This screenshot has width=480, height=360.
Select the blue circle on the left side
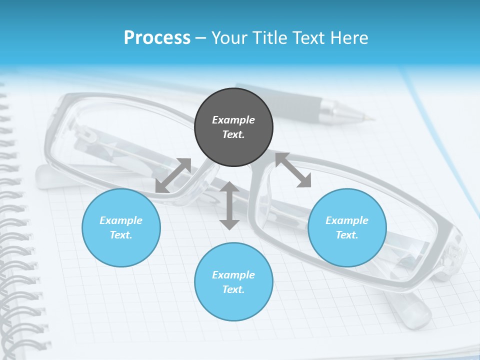(x=121, y=227)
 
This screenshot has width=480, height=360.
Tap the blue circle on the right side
(x=347, y=227)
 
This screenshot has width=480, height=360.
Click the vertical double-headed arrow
(x=229, y=205)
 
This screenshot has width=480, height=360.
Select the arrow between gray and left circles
(x=173, y=175)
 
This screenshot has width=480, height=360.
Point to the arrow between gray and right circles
(x=293, y=170)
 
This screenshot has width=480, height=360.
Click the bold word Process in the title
(x=157, y=37)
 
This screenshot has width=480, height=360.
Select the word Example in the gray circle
(x=233, y=120)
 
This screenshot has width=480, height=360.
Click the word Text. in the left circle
(x=121, y=235)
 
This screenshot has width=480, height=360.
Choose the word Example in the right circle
(x=347, y=220)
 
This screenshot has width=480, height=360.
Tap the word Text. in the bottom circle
(x=233, y=289)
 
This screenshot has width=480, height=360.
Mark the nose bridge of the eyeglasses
(x=235, y=172)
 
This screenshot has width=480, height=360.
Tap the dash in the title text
(x=201, y=38)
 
